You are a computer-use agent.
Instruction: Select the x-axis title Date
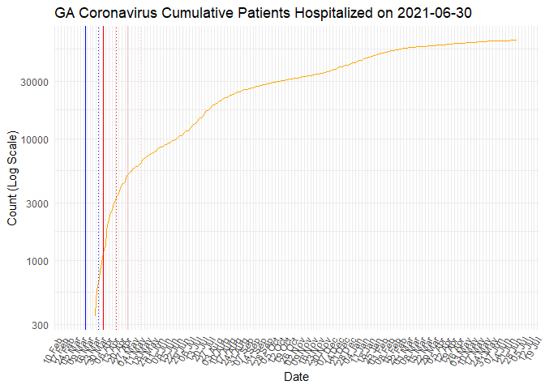(295, 377)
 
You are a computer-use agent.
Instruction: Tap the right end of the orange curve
(517, 41)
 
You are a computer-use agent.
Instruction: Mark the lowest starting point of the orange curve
(95, 315)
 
